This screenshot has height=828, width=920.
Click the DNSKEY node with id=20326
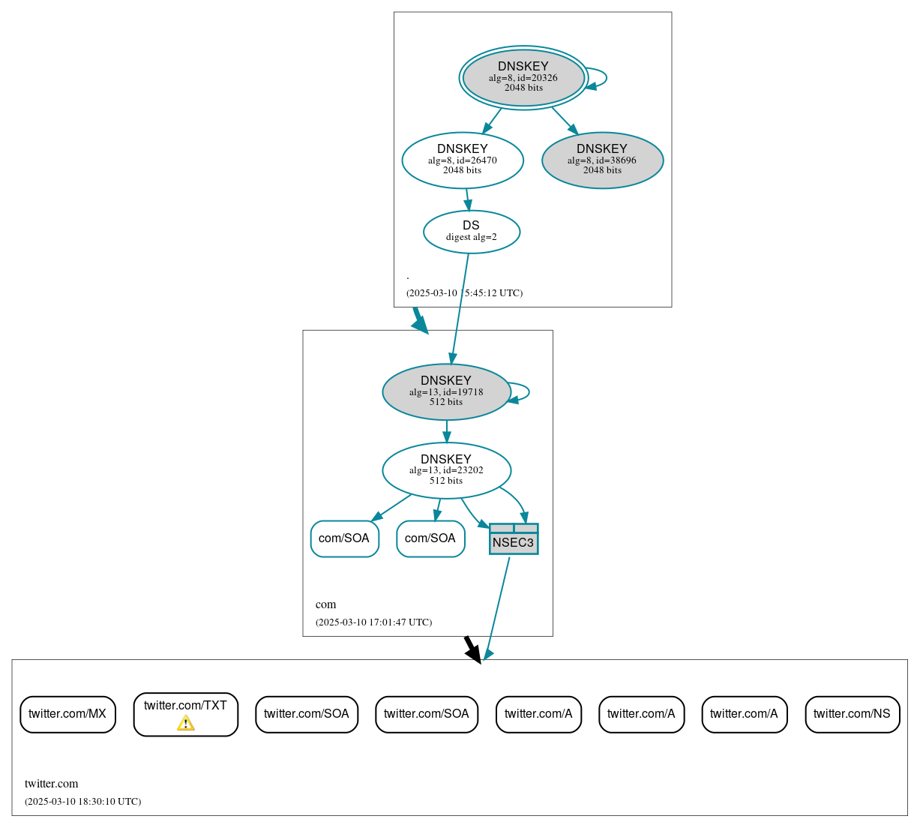(x=523, y=77)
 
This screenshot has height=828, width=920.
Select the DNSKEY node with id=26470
(x=463, y=160)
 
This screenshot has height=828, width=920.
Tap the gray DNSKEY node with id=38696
(x=602, y=160)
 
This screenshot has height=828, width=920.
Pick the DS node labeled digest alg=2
(x=471, y=232)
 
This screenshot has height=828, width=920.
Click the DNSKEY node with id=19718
(x=446, y=391)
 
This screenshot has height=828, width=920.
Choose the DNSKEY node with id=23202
(x=446, y=470)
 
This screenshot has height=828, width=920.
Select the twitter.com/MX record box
(x=67, y=714)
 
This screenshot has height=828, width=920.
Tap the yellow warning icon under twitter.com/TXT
(x=185, y=723)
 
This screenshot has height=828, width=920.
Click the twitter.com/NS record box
(x=852, y=714)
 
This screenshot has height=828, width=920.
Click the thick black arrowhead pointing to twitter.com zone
(x=472, y=651)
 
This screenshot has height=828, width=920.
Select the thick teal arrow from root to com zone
(x=419, y=320)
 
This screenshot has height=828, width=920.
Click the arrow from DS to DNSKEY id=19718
(x=460, y=307)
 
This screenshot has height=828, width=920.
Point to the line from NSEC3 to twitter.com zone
(x=498, y=607)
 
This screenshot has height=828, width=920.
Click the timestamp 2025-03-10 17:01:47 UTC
(x=373, y=622)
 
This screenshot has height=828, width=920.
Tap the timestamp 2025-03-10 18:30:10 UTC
(x=82, y=802)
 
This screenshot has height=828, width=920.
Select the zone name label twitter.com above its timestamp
(x=51, y=784)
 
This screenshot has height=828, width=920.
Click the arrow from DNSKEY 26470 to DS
(x=467, y=199)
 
